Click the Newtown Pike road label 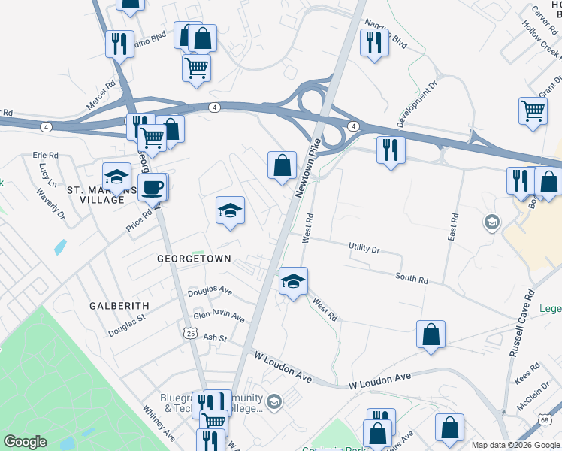click(308, 168)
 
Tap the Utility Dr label click(364, 247)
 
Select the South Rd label click(412, 279)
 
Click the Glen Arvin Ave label click(219, 316)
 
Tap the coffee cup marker click(152, 187)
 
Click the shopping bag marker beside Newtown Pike click(282, 165)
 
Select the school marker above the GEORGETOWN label click(231, 211)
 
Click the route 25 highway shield click(191, 332)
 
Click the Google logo click(26, 442)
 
